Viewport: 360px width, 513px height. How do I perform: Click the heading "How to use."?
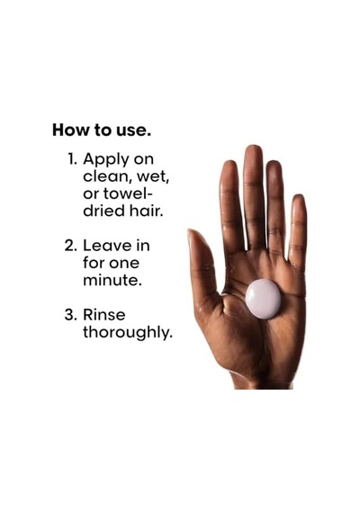[x=102, y=130]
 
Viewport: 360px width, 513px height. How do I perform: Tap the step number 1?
[x=72, y=159]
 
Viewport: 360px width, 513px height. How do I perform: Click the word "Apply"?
[x=106, y=160]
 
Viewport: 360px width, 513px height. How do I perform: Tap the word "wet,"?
[x=153, y=177]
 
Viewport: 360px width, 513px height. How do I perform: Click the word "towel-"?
[x=129, y=193]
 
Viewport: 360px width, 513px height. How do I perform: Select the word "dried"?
[x=103, y=211]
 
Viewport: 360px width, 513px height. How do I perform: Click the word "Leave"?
[x=106, y=246]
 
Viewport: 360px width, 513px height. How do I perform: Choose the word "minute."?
[x=112, y=280]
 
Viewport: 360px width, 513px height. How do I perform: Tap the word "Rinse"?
[x=104, y=315]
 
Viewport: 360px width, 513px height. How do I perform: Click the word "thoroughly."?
[x=127, y=333]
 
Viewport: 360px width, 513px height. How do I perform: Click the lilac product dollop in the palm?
[x=263, y=299]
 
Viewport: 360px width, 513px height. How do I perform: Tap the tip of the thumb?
[x=191, y=232]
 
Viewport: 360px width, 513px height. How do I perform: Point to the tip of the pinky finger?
[x=299, y=196]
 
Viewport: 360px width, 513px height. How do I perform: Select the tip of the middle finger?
[x=254, y=147]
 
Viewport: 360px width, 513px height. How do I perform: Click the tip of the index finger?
[x=229, y=163]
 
